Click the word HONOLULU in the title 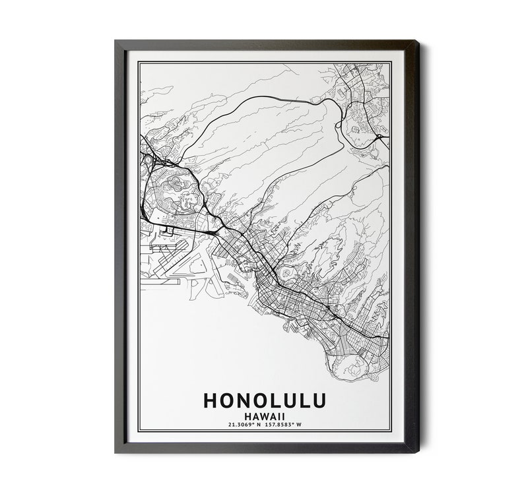point(265,402)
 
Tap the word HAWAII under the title point(264,416)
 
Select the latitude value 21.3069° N point(236,425)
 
